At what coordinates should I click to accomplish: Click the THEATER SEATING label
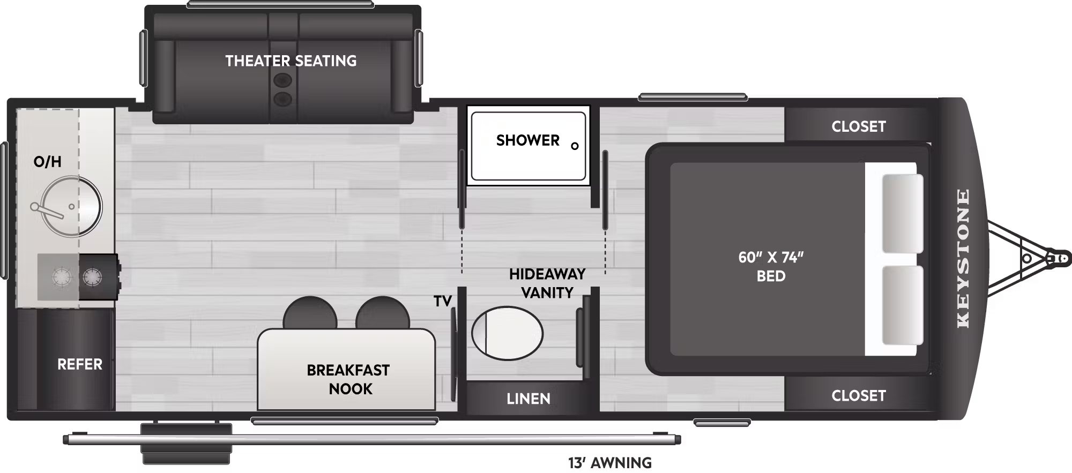pos(291,61)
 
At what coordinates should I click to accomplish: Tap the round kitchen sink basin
pos(71,206)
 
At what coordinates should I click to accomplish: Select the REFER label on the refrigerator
pos(80,364)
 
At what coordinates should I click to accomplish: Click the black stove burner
pos(93,277)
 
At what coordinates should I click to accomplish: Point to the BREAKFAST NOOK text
pos(348,379)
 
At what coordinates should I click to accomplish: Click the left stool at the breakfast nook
pos(310,313)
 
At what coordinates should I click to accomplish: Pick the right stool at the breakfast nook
pos(383,313)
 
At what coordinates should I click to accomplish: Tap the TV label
pos(443,302)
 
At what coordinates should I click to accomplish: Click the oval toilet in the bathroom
pos(507,333)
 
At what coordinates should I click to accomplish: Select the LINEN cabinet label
pos(528,399)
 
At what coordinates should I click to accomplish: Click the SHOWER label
pos(528,140)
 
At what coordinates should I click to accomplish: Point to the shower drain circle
pos(575,146)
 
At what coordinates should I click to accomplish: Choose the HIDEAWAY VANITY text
pos(547,283)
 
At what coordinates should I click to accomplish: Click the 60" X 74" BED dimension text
pos(771,266)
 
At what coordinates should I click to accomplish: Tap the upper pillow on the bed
pos(903,213)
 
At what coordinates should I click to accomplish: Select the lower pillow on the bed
pos(903,305)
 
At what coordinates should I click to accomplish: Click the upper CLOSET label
pos(859,126)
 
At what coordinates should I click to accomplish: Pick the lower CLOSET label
pos(859,396)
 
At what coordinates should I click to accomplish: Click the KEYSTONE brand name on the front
pos(963,258)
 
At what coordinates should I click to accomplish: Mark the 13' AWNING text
pos(610,463)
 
